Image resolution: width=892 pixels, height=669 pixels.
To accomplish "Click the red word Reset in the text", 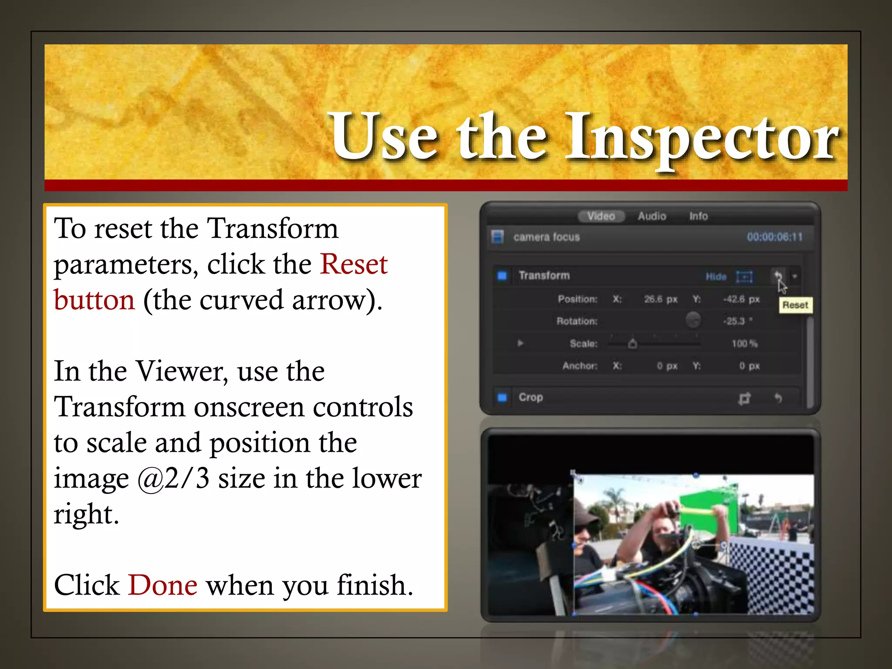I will click(x=354, y=264).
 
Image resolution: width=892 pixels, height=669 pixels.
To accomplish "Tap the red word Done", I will click(x=162, y=585).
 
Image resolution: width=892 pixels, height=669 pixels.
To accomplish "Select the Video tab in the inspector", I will click(x=601, y=216).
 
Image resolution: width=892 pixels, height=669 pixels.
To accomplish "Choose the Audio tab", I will click(x=652, y=216).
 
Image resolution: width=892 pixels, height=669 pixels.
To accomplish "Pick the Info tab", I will click(x=698, y=216).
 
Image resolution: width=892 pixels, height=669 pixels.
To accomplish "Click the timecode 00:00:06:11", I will click(x=774, y=237).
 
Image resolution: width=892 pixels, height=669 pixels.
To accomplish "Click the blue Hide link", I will click(x=716, y=277).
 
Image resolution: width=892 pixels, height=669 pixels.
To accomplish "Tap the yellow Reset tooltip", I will click(x=795, y=305).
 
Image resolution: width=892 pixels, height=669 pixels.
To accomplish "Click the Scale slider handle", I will click(x=633, y=344).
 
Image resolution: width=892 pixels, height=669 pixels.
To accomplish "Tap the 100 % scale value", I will click(x=744, y=344).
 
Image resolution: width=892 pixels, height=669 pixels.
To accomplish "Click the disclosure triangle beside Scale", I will click(x=520, y=343).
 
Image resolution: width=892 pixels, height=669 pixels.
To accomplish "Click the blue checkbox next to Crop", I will click(x=502, y=397).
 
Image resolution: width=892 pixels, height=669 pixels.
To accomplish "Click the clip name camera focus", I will click(x=547, y=237).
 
